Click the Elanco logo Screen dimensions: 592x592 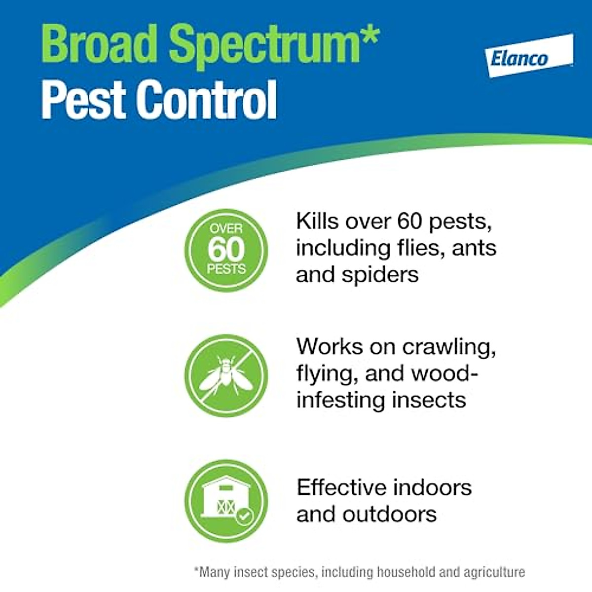529,56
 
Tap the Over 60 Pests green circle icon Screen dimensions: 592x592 226,250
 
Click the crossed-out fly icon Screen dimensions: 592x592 226,375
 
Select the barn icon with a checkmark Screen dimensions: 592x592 226,501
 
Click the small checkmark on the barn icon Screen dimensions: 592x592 244,516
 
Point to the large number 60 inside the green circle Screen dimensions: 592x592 226,249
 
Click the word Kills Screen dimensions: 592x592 318,221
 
